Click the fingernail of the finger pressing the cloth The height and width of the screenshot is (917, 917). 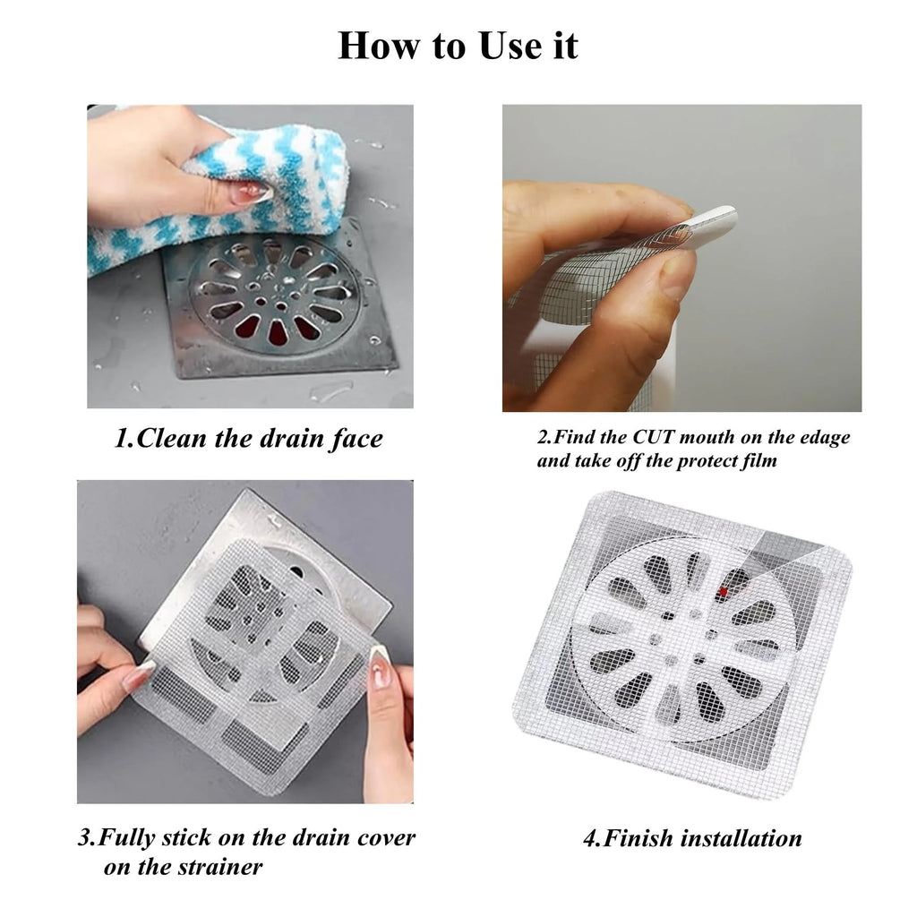(x=253, y=193)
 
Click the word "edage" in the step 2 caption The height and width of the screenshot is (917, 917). (x=824, y=438)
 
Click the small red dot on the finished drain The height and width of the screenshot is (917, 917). (x=724, y=592)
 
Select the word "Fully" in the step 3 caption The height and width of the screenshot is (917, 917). (x=127, y=838)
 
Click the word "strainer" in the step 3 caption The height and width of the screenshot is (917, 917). (x=224, y=867)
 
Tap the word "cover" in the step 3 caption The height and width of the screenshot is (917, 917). (x=386, y=837)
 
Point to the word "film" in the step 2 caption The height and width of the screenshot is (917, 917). (x=759, y=461)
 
